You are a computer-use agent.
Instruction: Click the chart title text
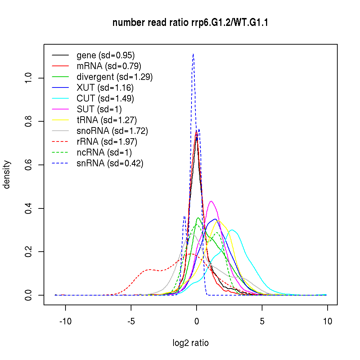click(190, 23)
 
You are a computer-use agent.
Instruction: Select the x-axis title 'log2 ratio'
click(190, 343)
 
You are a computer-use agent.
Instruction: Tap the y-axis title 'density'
click(7, 175)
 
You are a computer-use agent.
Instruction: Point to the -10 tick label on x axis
click(66, 321)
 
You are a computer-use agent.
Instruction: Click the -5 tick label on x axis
click(131, 321)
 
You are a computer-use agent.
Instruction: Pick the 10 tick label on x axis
click(327, 321)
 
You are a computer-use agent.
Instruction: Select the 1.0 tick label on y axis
click(29, 78)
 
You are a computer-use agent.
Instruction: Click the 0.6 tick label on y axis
click(29, 165)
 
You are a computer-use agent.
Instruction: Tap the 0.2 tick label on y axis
click(29, 252)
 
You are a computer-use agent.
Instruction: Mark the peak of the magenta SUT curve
click(211, 201)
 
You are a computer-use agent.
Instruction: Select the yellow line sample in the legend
click(60, 120)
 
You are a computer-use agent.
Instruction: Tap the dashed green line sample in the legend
click(60, 153)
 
